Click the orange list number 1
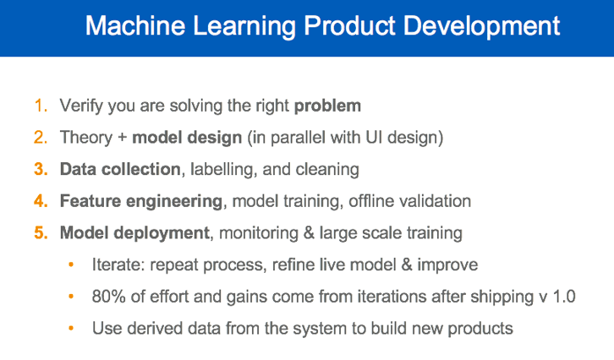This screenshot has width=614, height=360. point(40,106)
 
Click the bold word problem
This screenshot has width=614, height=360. point(327,107)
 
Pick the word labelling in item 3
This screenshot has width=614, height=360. point(221,169)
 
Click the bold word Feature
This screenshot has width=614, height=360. point(91,201)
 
